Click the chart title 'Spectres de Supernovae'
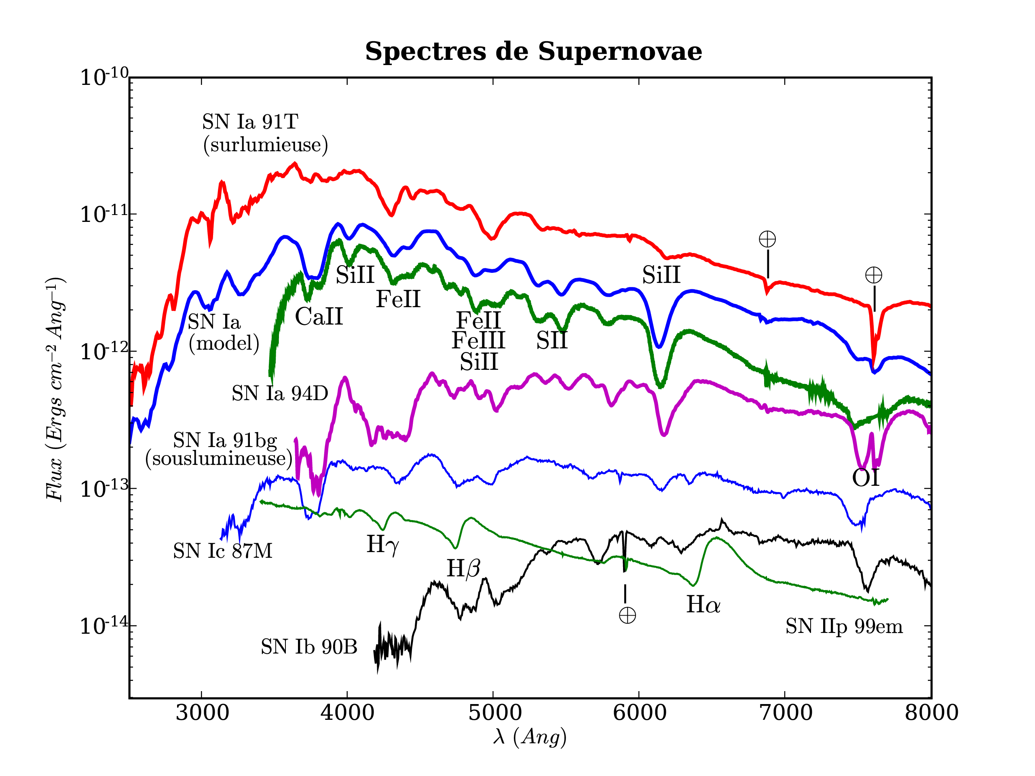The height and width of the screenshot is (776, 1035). click(x=533, y=51)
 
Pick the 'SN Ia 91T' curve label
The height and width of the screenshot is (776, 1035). click(x=250, y=122)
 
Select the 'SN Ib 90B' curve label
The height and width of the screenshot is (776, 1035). click(x=309, y=647)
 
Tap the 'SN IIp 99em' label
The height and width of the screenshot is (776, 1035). click(x=844, y=627)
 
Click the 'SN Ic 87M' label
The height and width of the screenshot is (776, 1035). click(x=222, y=551)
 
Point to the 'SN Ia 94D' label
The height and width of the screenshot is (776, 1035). click(x=279, y=394)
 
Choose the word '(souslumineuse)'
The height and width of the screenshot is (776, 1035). click(x=218, y=458)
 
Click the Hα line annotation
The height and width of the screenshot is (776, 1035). click(x=703, y=605)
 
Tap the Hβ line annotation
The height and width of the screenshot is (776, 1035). click(x=463, y=569)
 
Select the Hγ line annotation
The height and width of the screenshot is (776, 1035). click(x=383, y=544)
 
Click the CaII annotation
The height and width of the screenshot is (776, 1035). click(x=319, y=317)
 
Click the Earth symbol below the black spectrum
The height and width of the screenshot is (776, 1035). click(x=627, y=616)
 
